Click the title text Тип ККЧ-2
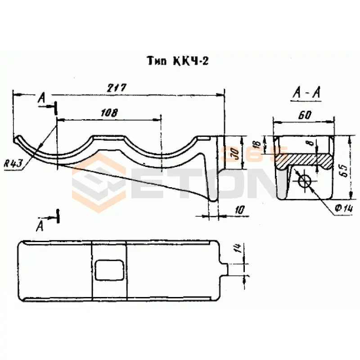(x=177, y=61)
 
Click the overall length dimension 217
(x=116, y=88)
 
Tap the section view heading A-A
(x=306, y=93)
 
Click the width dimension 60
(x=305, y=115)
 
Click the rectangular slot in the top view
(x=110, y=270)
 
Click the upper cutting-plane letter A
(x=42, y=97)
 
